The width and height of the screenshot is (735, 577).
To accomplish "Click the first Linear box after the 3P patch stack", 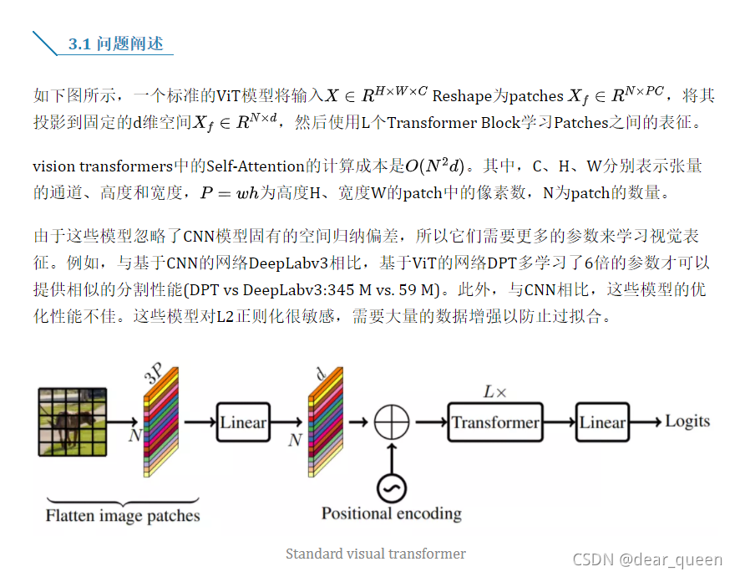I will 242,422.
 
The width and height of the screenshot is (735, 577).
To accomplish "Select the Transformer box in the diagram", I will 494,422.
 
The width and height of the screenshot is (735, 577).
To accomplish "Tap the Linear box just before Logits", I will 602,422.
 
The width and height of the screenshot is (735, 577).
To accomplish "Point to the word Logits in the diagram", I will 687,421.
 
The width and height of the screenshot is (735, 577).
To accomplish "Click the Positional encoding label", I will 391,513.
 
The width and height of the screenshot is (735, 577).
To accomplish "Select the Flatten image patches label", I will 123,515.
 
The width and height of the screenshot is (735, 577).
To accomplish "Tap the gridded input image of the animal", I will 73,422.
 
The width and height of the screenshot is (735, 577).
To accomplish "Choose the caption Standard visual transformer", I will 375,554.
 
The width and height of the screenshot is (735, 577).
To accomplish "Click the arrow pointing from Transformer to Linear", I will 558,422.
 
